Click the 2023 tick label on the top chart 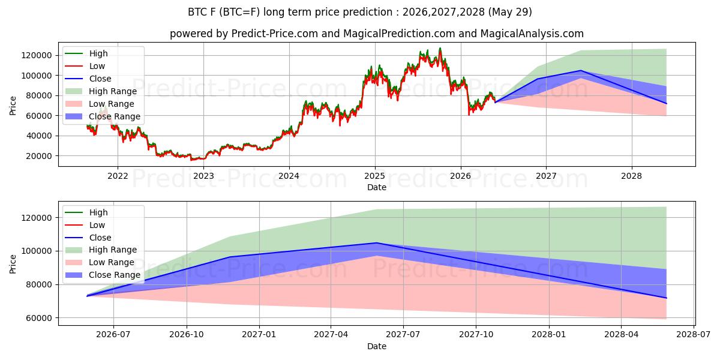203,176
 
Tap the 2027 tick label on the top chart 546,176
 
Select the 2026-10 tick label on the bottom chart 187,335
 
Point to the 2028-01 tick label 549,335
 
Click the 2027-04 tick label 331,335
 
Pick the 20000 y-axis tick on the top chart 37,156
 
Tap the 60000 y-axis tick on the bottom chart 37,318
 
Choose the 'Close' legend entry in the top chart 88,79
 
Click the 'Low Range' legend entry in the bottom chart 100,263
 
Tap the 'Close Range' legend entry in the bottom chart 103,275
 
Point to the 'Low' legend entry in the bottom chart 85,225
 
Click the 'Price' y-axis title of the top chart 13,106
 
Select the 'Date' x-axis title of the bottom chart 377,346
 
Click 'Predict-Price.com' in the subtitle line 275,34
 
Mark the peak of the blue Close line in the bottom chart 377,242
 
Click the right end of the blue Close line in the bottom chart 667,298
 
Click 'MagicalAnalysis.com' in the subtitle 532,34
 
